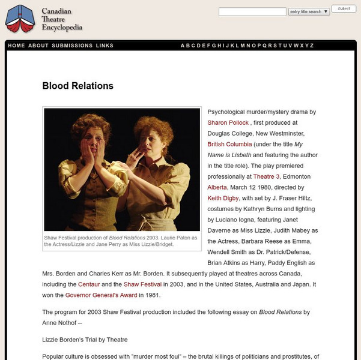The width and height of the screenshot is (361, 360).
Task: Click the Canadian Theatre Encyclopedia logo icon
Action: coord(20,19)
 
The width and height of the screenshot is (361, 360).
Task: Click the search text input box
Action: coord(252,11)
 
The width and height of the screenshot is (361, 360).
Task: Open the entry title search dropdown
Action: coord(308,11)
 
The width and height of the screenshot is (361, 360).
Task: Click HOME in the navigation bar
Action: coord(17,46)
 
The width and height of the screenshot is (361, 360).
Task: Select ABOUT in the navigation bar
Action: coord(38,46)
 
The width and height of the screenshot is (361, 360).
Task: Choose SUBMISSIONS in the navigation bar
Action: coord(72,46)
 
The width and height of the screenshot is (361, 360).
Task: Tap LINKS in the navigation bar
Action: coord(105,46)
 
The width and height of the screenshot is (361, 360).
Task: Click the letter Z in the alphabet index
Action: coord(312,46)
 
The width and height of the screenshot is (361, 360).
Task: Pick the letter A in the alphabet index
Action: coord(183,46)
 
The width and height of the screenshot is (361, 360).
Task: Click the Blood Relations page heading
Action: coord(77,86)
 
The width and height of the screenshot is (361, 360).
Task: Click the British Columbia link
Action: coord(229,144)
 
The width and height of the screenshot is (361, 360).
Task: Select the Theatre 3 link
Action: coord(266,176)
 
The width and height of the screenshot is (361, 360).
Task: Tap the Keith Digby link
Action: coord(223,198)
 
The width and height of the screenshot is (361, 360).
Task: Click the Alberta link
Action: coord(217,187)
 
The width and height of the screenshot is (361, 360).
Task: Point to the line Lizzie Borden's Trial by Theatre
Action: coord(85,340)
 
